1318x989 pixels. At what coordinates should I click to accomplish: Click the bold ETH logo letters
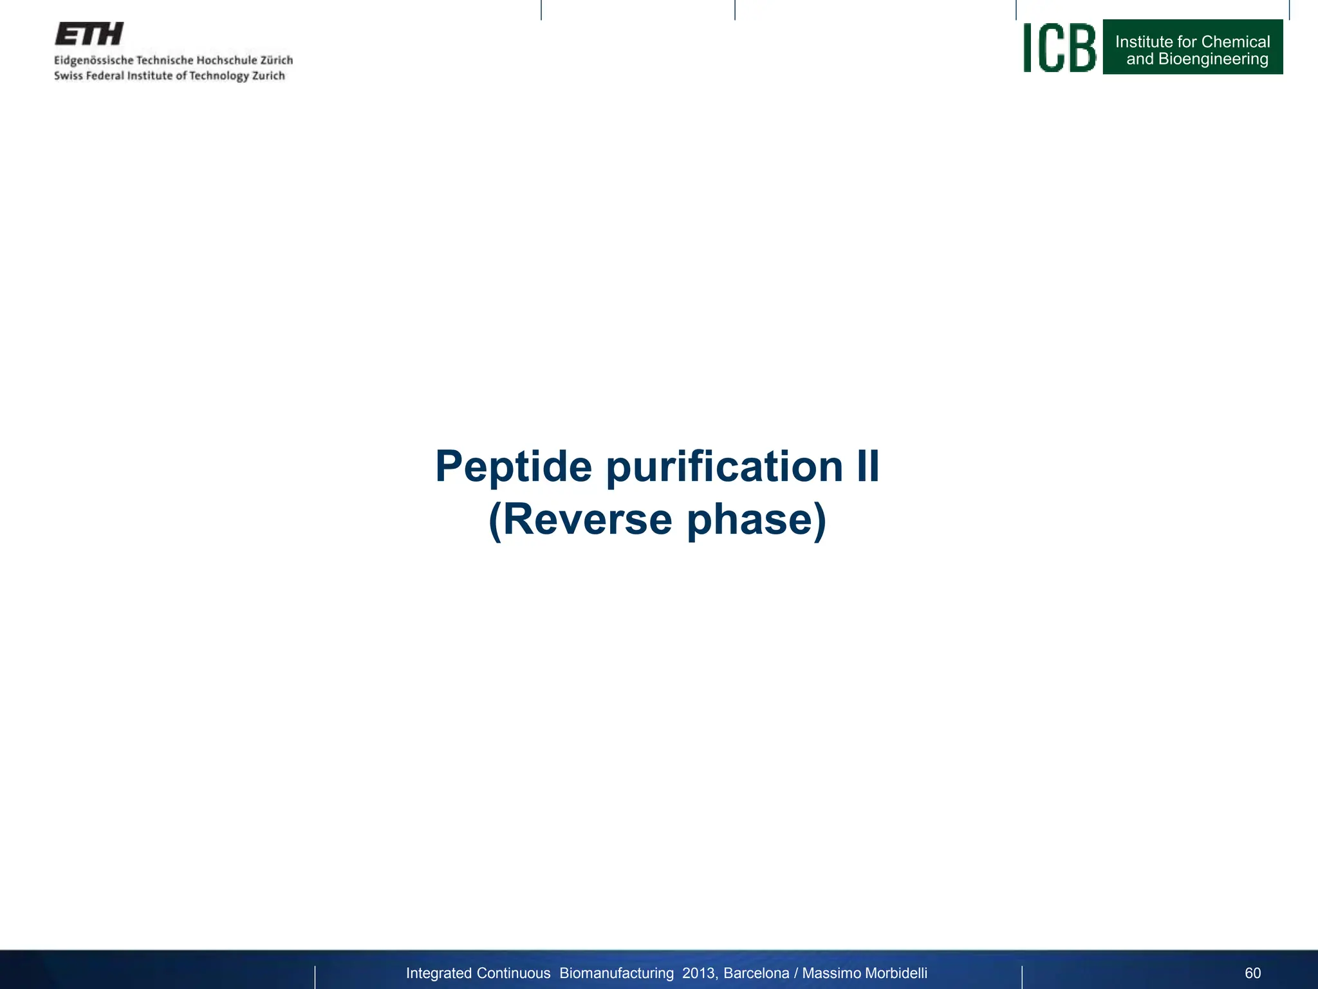pyautogui.click(x=89, y=34)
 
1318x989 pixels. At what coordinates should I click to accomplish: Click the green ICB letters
pyautogui.click(x=1059, y=48)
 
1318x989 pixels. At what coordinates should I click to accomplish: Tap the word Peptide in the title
pyautogui.click(x=513, y=466)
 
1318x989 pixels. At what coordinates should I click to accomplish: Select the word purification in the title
pyautogui.click(x=724, y=466)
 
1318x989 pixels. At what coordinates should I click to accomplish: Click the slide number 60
pyautogui.click(x=1252, y=973)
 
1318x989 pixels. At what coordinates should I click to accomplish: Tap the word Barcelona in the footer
pyautogui.click(x=756, y=973)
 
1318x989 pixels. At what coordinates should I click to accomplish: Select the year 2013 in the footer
pyautogui.click(x=698, y=973)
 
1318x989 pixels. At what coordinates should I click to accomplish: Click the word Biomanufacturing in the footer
pyautogui.click(x=617, y=973)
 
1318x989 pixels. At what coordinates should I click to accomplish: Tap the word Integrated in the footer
pyautogui.click(x=438, y=973)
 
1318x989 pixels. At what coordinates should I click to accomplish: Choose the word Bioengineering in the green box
pyautogui.click(x=1213, y=59)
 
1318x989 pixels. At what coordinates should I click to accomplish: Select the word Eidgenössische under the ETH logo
pyautogui.click(x=93, y=61)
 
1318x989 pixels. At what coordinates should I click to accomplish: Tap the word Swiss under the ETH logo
pyautogui.click(x=68, y=76)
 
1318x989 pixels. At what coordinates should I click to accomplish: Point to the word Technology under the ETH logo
pyautogui.click(x=218, y=76)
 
